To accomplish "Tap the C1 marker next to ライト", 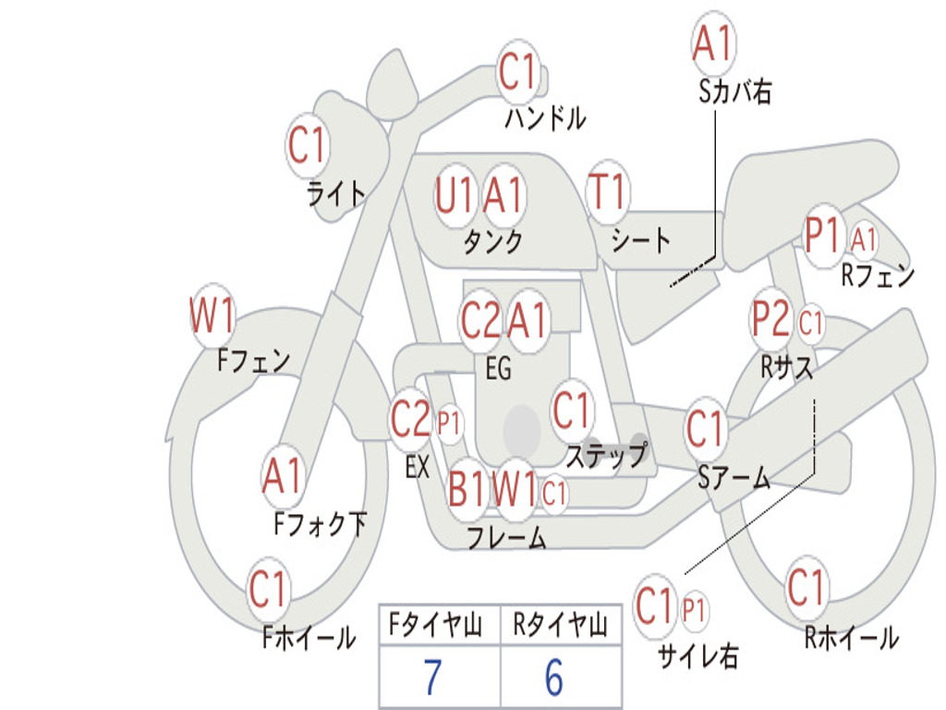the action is pos(309,145).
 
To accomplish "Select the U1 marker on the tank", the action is pos(455,195).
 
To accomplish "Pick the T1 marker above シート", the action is pos(608,193).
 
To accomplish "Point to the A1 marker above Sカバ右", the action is pos(712,43).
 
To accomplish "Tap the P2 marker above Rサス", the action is pos(771,320).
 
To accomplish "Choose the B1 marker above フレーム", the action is pos(467,487).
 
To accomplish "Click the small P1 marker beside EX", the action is pos(449,423).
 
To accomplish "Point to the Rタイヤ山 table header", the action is pos(560,627).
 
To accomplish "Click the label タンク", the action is pos(492,242).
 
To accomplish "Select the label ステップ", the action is pos(606,457).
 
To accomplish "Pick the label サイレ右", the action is pos(697,656).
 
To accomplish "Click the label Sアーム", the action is pos(734,477).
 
